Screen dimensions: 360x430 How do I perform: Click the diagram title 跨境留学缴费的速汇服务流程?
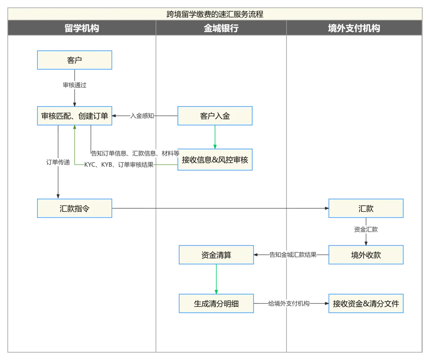[215, 14]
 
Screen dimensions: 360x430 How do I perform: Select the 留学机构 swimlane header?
[82, 28]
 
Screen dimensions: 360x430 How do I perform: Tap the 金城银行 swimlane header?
[221, 28]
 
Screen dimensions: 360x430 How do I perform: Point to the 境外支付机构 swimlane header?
[354, 28]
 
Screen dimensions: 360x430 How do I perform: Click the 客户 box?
[75, 60]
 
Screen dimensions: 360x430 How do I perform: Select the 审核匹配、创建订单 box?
[75, 116]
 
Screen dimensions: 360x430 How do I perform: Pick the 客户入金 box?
[216, 116]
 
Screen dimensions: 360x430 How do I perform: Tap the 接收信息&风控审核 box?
[216, 160]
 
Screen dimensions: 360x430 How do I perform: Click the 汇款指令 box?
[75, 208]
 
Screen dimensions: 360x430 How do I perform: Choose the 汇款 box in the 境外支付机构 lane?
[366, 208]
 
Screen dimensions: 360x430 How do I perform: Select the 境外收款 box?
[366, 255]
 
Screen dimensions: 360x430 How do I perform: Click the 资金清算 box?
[216, 255]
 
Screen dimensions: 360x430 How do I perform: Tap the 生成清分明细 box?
[216, 304]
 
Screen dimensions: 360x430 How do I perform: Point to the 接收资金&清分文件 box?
[366, 304]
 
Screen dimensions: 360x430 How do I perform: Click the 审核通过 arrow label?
[75, 85]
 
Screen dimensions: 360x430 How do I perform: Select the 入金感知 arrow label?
[142, 116]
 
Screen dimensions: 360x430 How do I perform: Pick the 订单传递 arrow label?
[58, 162]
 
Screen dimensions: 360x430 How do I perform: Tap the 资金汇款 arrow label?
[366, 229]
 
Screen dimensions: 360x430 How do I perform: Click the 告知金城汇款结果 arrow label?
[293, 255]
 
